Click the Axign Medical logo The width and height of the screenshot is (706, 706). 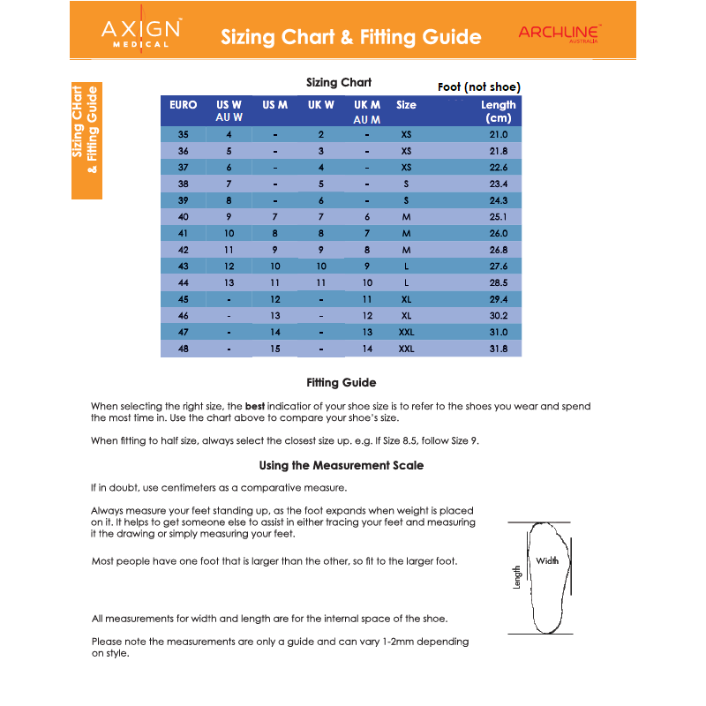tap(141, 34)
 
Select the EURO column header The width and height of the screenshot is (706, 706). tap(183, 105)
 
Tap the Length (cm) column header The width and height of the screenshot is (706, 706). tap(498, 111)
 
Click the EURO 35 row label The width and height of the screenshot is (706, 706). tap(183, 135)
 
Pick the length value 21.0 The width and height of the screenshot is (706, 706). tap(499, 135)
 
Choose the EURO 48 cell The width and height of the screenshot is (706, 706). tap(183, 349)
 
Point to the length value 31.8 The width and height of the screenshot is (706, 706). tap(499, 349)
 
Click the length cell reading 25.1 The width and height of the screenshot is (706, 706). tap(499, 217)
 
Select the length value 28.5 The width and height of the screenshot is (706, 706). tap(499, 282)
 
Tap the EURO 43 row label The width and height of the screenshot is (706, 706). tap(183, 267)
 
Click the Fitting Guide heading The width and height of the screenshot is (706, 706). tap(341, 383)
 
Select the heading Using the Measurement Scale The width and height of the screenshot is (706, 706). tap(341, 465)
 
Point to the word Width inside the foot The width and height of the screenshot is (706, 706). tap(547, 561)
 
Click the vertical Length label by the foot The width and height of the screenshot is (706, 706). tap(517, 577)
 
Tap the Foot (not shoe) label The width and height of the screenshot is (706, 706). tap(479, 86)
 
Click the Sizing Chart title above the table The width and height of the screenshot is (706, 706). tap(339, 82)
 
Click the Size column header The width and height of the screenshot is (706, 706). tap(406, 105)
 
